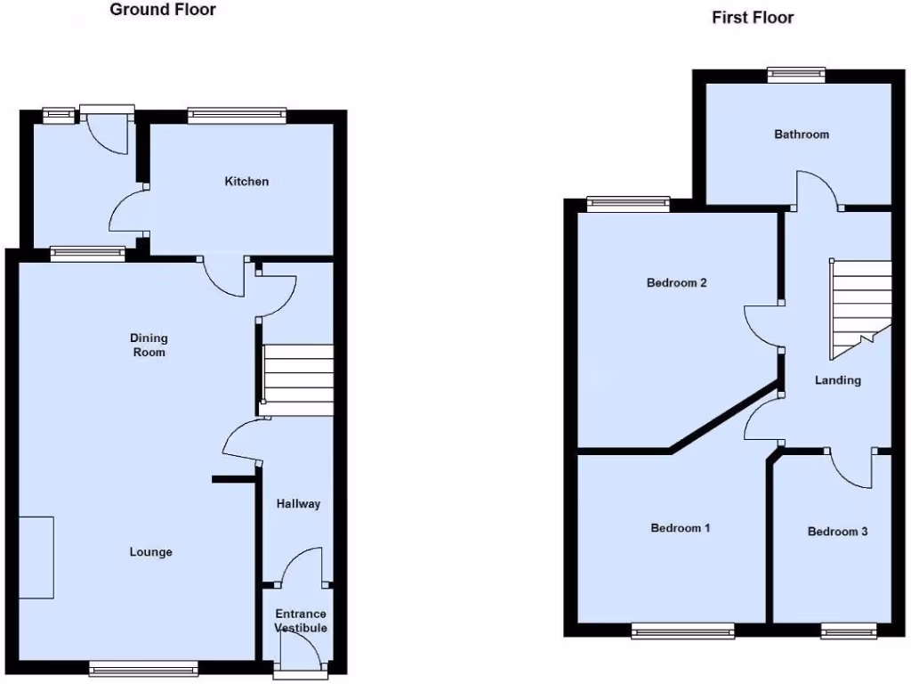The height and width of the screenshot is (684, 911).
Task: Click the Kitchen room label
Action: click(x=246, y=182)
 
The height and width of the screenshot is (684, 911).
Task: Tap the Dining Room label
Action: click(x=149, y=345)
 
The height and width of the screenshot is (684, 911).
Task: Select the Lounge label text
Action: click(x=151, y=552)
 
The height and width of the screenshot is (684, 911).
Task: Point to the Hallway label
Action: click(x=298, y=504)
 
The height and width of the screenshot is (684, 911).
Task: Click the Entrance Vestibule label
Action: click(x=301, y=621)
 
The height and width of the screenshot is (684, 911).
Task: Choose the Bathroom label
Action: click(x=802, y=134)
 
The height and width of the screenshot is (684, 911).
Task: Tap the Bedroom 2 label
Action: click(x=676, y=283)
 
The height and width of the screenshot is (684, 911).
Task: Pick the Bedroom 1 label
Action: click(x=681, y=528)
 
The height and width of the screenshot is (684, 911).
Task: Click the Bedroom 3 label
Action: click(x=837, y=532)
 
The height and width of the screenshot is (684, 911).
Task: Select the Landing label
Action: click(x=838, y=380)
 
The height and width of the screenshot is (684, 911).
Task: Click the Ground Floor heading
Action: click(x=163, y=11)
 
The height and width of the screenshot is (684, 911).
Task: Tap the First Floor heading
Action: click(x=753, y=18)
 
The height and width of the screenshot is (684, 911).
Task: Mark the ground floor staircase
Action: click(x=298, y=374)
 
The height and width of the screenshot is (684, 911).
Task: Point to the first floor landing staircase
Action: click(x=859, y=307)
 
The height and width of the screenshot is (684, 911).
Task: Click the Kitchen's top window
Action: click(x=237, y=114)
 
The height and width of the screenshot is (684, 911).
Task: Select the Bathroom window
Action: click(x=796, y=76)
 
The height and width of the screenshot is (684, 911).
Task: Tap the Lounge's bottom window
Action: click(x=143, y=668)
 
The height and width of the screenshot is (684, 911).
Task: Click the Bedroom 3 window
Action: click(x=850, y=631)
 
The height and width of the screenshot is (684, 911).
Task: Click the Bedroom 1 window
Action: click(x=683, y=631)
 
